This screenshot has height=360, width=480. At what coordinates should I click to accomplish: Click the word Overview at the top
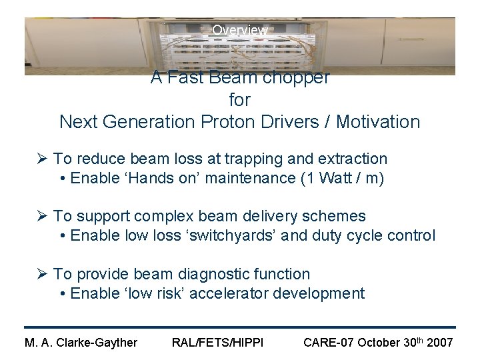pyautogui.click(x=240, y=30)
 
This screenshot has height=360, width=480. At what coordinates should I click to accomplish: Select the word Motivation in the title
pyautogui.click(x=378, y=122)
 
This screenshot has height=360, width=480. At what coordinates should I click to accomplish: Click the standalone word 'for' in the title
pyautogui.click(x=239, y=100)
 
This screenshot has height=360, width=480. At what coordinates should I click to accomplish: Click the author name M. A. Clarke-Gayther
pyautogui.click(x=81, y=343)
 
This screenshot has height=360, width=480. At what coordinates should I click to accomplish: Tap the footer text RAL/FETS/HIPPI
pyautogui.click(x=217, y=343)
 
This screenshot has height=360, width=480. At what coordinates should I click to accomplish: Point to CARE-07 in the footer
pyautogui.click(x=328, y=343)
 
